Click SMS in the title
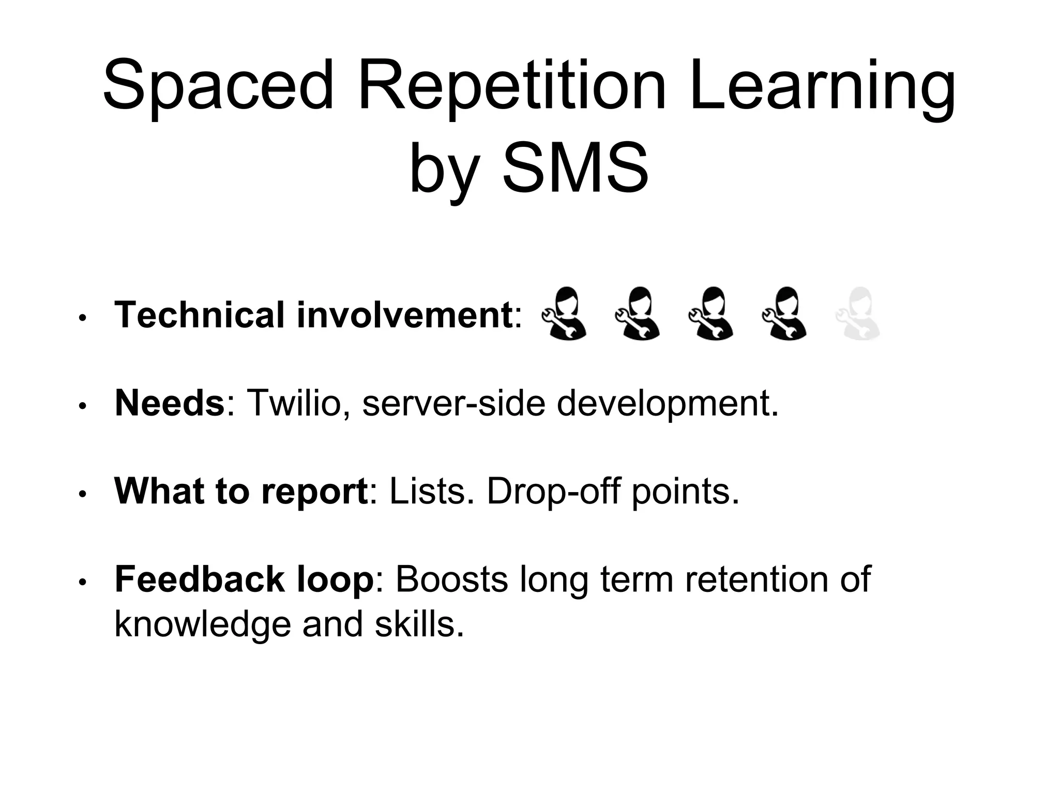click(x=576, y=168)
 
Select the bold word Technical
click(x=200, y=315)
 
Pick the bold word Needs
click(x=170, y=403)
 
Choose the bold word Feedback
click(x=199, y=579)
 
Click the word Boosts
click(x=452, y=579)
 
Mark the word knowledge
click(x=202, y=624)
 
